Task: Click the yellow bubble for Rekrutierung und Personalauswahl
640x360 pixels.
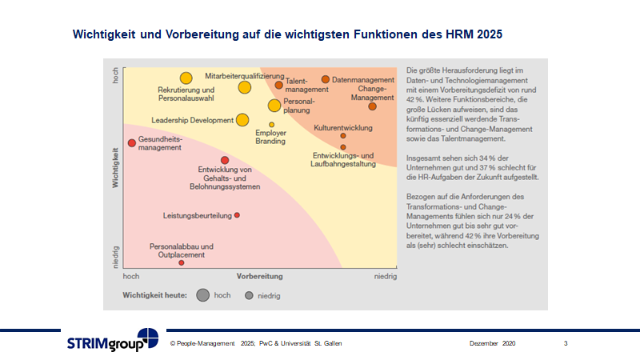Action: (x=186, y=78)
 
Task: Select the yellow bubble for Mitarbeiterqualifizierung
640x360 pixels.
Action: (x=245, y=87)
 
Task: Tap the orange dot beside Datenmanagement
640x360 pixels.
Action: (x=326, y=79)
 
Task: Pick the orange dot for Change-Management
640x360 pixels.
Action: (x=372, y=106)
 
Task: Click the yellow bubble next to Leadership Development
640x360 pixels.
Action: (x=242, y=120)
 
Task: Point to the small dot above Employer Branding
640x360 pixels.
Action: (x=271, y=125)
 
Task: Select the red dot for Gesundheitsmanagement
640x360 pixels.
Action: (x=132, y=143)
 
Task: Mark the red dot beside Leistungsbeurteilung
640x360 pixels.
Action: (x=237, y=215)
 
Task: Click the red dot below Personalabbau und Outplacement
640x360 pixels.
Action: (x=182, y=262)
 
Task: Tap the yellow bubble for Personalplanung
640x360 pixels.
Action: (x=274, y=106)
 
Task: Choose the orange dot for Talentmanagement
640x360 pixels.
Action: (x=278, y=85)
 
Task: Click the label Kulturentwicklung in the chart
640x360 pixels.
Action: (x=342, y=127)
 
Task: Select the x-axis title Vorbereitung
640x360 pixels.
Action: (x=259, y=276)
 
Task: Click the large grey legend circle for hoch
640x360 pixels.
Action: (x=202, y=295)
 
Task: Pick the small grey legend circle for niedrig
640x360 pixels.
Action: (x=250, y=295)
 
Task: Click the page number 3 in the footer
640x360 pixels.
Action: (x=566, y=343)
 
